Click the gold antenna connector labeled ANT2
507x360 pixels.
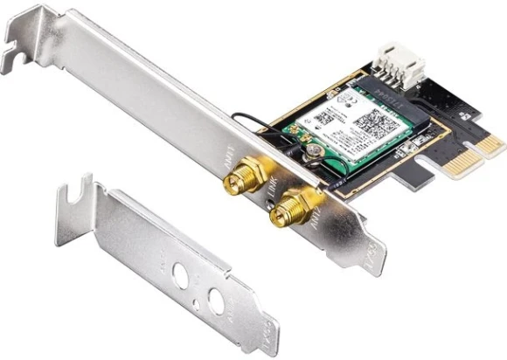coord(283,209)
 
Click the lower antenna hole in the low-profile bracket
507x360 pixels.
coord(212,301)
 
